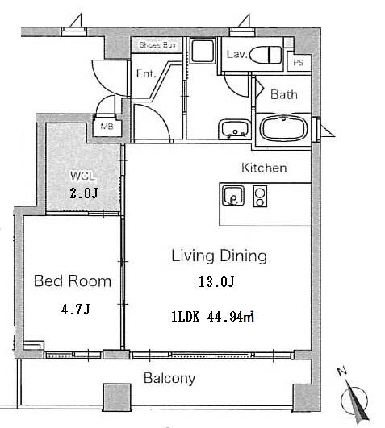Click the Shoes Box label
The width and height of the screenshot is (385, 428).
tap(157, 45)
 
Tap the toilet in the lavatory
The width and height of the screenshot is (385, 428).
tap(266, 55)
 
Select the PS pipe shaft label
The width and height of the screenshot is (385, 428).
tap(298, 63)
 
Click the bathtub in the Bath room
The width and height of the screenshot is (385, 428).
tap(283, 129)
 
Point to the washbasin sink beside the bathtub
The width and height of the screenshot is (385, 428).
tap(234, 129)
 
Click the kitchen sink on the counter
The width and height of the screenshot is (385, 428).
tap(232, 195)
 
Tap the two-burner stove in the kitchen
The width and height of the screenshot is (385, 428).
tap(260, 196)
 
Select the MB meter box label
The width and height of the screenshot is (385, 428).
tap(107, 127)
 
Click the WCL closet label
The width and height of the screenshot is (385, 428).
tap(82, 176)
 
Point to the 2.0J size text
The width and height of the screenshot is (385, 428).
tap(84, 193)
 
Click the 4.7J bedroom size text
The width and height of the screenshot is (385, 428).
tap(76, 310)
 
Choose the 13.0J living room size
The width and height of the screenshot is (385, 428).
tap(216, 281)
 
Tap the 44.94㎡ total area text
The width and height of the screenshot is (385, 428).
tap(231, 317)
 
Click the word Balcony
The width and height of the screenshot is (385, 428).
tap(169, 378)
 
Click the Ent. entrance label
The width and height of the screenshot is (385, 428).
tap(146, 73)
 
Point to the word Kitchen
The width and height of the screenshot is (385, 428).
tap(264, 168)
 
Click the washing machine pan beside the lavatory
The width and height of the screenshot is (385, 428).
tap(203, 51)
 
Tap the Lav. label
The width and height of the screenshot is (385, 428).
tap(236, 54)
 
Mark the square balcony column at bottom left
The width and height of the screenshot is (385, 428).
tap(117, 397)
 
